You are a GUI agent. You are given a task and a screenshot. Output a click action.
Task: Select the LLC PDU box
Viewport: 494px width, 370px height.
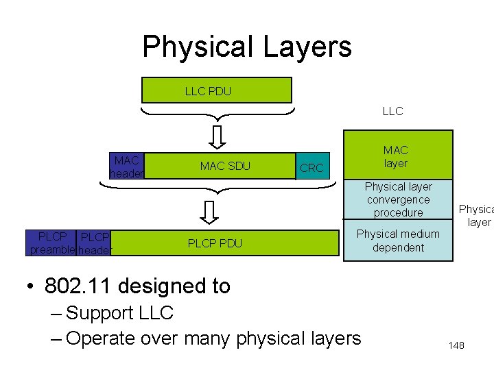(x=216, y=90)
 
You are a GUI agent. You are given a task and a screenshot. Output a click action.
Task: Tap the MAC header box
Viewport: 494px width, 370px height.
(x=128, y=166)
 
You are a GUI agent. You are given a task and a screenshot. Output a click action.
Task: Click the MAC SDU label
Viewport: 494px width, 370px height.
(x=225, y=166)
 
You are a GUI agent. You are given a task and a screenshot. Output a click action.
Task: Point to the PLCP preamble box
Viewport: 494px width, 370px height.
(x=51, y=243)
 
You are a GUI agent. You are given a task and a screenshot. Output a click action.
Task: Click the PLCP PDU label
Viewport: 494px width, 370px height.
(x=215, y=243)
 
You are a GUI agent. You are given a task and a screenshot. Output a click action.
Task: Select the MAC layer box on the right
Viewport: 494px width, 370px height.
(x=398, y=156)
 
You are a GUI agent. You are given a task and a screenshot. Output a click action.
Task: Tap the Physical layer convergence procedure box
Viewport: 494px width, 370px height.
(x=398, y=199)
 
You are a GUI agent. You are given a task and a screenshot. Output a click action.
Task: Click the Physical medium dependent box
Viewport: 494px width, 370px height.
(x=398, y=241)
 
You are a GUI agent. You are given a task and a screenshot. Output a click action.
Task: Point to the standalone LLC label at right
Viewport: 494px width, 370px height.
(x=392, y=111)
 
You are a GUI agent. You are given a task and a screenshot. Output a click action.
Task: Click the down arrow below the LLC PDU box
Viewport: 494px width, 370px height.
(x=217, y=137)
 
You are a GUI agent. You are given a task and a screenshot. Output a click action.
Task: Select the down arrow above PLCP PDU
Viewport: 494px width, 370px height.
(x=217, y=212)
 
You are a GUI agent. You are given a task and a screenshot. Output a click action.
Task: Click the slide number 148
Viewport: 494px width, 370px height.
(x=456, y=345)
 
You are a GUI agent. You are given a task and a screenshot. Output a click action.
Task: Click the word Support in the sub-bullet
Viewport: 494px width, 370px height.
(x=99, y=313)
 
